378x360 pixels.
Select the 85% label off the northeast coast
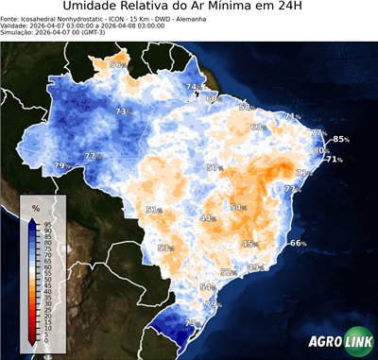(x=340, y=139)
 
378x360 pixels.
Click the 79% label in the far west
(x=60, y=165)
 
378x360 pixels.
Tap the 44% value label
(x=207, y=218)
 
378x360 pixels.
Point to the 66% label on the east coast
(x=298, y=243)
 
